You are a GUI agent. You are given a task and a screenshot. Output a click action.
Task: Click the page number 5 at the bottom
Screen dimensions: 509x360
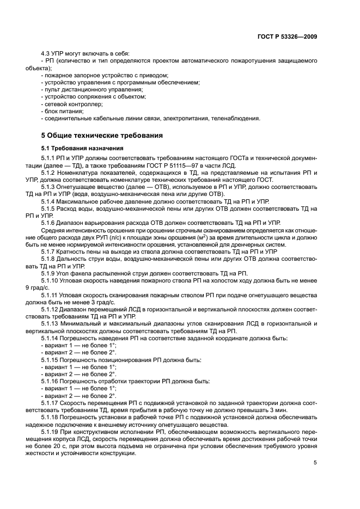[x=315, y=463]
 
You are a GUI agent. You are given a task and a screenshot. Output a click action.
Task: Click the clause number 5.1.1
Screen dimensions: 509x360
[x=49, y=158]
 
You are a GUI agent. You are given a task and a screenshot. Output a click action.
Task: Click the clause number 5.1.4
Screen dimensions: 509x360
[x=49, y=201]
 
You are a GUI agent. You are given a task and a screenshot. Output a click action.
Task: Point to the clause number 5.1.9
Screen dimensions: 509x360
[x=49, y=273]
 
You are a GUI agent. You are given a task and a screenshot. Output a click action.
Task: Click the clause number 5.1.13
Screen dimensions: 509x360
[x=51, y=323]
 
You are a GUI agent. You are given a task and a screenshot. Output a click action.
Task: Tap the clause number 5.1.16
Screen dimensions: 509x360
[x=51, y=380]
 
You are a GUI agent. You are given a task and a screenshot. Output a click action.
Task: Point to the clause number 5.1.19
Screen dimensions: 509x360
[x=51, y=431]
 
